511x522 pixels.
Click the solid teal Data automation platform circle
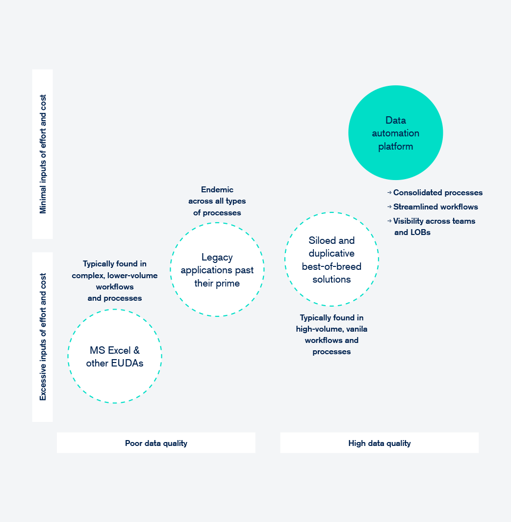pos(396,133)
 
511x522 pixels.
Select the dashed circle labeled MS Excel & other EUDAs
pos(115,310)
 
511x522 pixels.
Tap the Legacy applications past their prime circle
pos(217,223)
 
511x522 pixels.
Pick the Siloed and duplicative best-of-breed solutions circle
pos(332,212)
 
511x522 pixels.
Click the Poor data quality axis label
pos(156,443)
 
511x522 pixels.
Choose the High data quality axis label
pos(380,443)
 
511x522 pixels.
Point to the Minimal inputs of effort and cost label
pos(43,154)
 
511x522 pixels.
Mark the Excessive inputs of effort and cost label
pos(43,337)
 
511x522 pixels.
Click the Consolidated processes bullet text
pos(438,192)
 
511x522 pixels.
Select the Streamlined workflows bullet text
pos(435,207)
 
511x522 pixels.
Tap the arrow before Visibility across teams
pos(389,221)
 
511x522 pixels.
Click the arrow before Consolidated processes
pos(389,192)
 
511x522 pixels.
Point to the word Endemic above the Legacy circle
pos(217,189)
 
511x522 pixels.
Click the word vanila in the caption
pos(357,329)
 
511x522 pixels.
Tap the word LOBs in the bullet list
pos(420,233)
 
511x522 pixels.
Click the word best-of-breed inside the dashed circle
pos(332,266)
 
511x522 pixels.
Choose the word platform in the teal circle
pos(396,147)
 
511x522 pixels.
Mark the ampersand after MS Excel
pos(137,350)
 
